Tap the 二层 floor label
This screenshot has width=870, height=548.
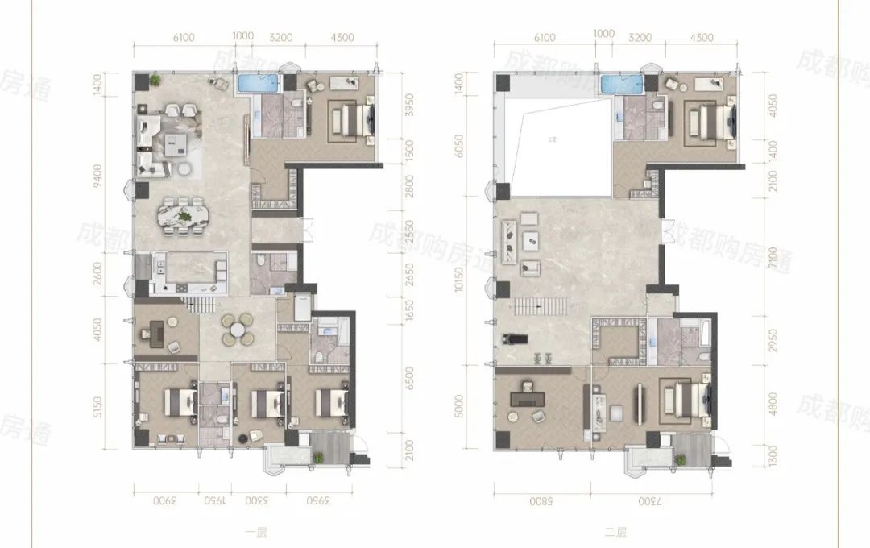(x=616, y=531)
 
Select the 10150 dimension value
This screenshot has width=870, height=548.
(x=459, y=288)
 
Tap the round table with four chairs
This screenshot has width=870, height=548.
(x=237, y=330)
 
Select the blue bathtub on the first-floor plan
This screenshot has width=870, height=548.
(x=258, y=83)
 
